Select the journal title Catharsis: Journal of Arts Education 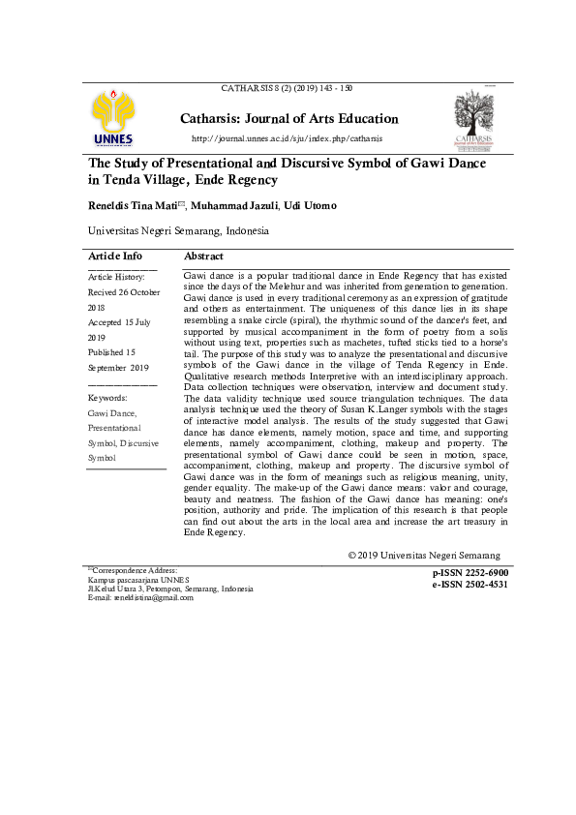(x=288, y=119)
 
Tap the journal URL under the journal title (x=288, y=139)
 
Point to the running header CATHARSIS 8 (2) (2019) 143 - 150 (x=287, y=88)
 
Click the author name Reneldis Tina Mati (x=132, y=206)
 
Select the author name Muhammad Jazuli (x=234, y=206)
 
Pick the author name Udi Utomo (x=311, y=206)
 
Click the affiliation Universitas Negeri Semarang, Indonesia (x=178, y=232)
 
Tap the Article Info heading (x=115, y=257)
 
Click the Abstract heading (x=203, y=257)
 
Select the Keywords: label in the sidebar (x=107, y=398)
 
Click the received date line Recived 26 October (x=124, y=292)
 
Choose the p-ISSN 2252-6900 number (x=470, y=574)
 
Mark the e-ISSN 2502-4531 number (x=470, y=585)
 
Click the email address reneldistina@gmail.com (x=153, y=597)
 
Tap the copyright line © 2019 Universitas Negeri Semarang (x=424, y=556)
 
